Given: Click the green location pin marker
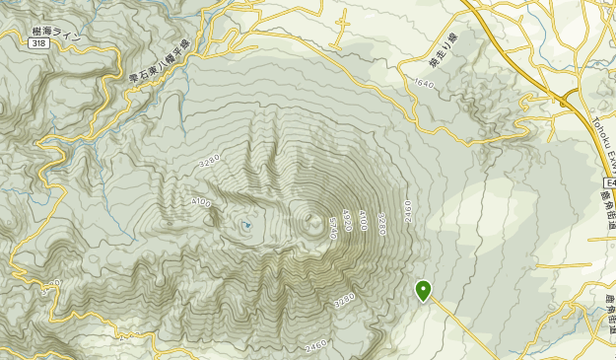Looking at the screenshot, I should (424, 290).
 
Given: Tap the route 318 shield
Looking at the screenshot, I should (38, 43).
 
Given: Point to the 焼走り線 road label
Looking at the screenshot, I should (445, 50).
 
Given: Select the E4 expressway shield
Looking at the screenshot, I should (608, 183).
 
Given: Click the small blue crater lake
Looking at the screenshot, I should (245, 226).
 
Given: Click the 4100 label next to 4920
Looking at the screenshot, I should (363, 219).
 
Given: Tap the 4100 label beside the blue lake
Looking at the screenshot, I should (202, 202).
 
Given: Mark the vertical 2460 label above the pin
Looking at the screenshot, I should (407, 210).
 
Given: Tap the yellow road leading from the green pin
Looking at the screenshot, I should (463, 325).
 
